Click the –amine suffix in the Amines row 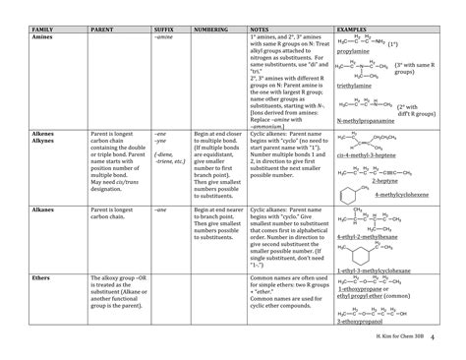tap(163, 40)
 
